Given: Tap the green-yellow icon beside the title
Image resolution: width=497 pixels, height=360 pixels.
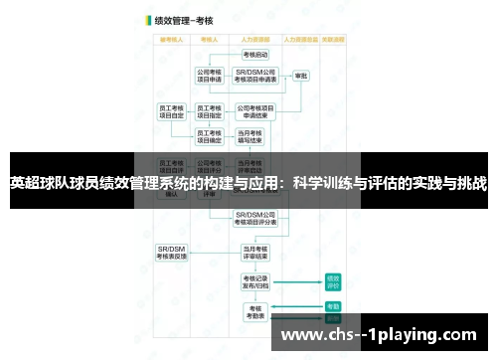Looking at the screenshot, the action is pyautogui.click(x=147, y=19).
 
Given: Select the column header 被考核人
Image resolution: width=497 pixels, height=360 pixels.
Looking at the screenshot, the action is pyautogui.click(x=170, y=39).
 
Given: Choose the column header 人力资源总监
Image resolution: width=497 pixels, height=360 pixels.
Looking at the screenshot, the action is pyautogui.click(x=298, y=39).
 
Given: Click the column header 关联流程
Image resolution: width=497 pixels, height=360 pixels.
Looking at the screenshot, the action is pyautogui.click(x=332, y=39).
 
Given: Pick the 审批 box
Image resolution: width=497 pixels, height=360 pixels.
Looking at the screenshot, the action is pyautogui.click(x=300, y=76).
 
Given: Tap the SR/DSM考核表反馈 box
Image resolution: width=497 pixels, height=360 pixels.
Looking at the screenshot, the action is pyautogui.click(x=171, y=250).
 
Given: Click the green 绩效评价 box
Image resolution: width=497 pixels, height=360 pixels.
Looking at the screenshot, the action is pyautogui.click(x=333, y=281).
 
